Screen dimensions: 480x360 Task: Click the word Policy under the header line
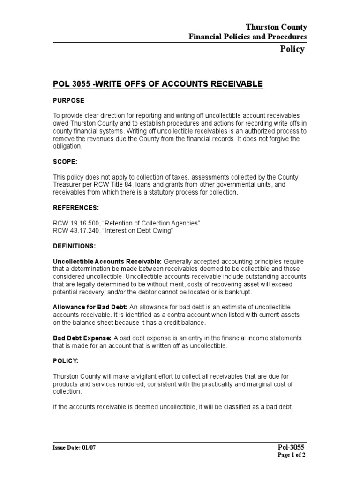(292, 49)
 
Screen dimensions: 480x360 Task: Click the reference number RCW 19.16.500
(73, 223)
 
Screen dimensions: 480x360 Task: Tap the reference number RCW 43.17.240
(73, 230)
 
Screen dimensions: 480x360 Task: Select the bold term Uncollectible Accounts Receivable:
(107, 261)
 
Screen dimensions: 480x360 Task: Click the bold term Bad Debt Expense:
(82, 338)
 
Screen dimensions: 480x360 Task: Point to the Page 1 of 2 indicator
(292, 455)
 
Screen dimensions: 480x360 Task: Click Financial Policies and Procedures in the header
(247, 37)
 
